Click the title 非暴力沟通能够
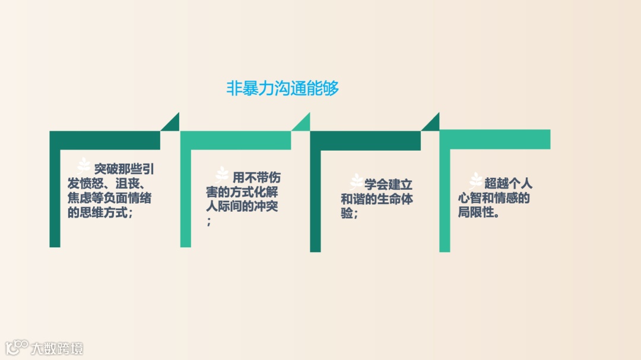(283, 89)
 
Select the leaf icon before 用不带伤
(222, 174)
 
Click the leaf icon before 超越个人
(476, 180)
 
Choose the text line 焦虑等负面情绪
(109, 198)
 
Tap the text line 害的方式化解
(242, 192)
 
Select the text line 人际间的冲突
(242, 206)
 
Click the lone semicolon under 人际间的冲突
(209, 222)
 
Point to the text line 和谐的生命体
(377, 199)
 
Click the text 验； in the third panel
(349, 214)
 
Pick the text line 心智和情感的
(493, 198)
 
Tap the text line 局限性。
(478, 212)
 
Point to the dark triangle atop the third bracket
(432, 123)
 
